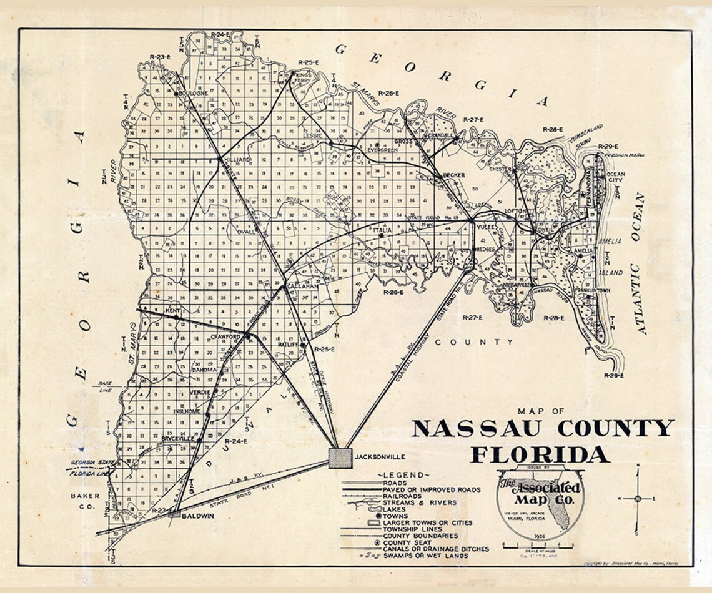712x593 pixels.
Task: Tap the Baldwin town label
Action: pos(199,516)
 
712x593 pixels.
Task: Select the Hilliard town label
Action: pos(237,160)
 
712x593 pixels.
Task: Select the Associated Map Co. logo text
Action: pos(540,493)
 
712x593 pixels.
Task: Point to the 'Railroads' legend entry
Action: pos(407,496)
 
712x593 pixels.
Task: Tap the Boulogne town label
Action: pos(193,93)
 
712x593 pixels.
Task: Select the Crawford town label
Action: pos(225,336)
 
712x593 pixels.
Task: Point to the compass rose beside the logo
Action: pos(638,498)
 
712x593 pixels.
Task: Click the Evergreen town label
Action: pos(383,150)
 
